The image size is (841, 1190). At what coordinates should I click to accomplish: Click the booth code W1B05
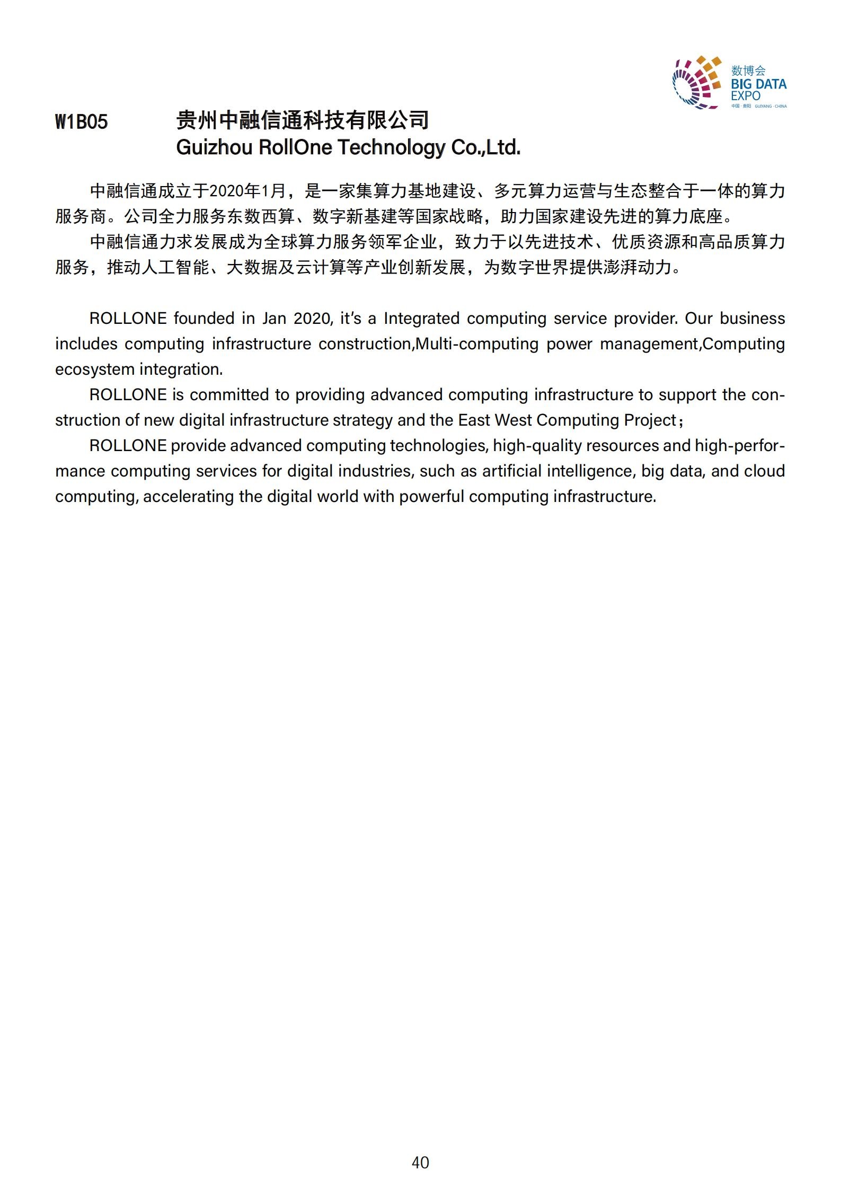pos(82,122)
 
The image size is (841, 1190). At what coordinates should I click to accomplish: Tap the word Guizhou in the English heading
pos(214,147)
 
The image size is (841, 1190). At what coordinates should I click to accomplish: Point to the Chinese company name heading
pos(302,121)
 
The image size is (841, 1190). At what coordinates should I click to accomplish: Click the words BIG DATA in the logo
pos(758,84)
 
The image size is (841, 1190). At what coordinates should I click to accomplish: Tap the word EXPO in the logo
pos(746,96)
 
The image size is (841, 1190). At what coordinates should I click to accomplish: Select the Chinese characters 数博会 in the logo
pos(748,70)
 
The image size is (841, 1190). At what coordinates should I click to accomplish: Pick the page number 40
pos(420,1162)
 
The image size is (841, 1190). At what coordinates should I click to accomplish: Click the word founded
pos(204,319)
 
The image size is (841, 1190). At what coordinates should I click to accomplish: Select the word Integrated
pos(421,319)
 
